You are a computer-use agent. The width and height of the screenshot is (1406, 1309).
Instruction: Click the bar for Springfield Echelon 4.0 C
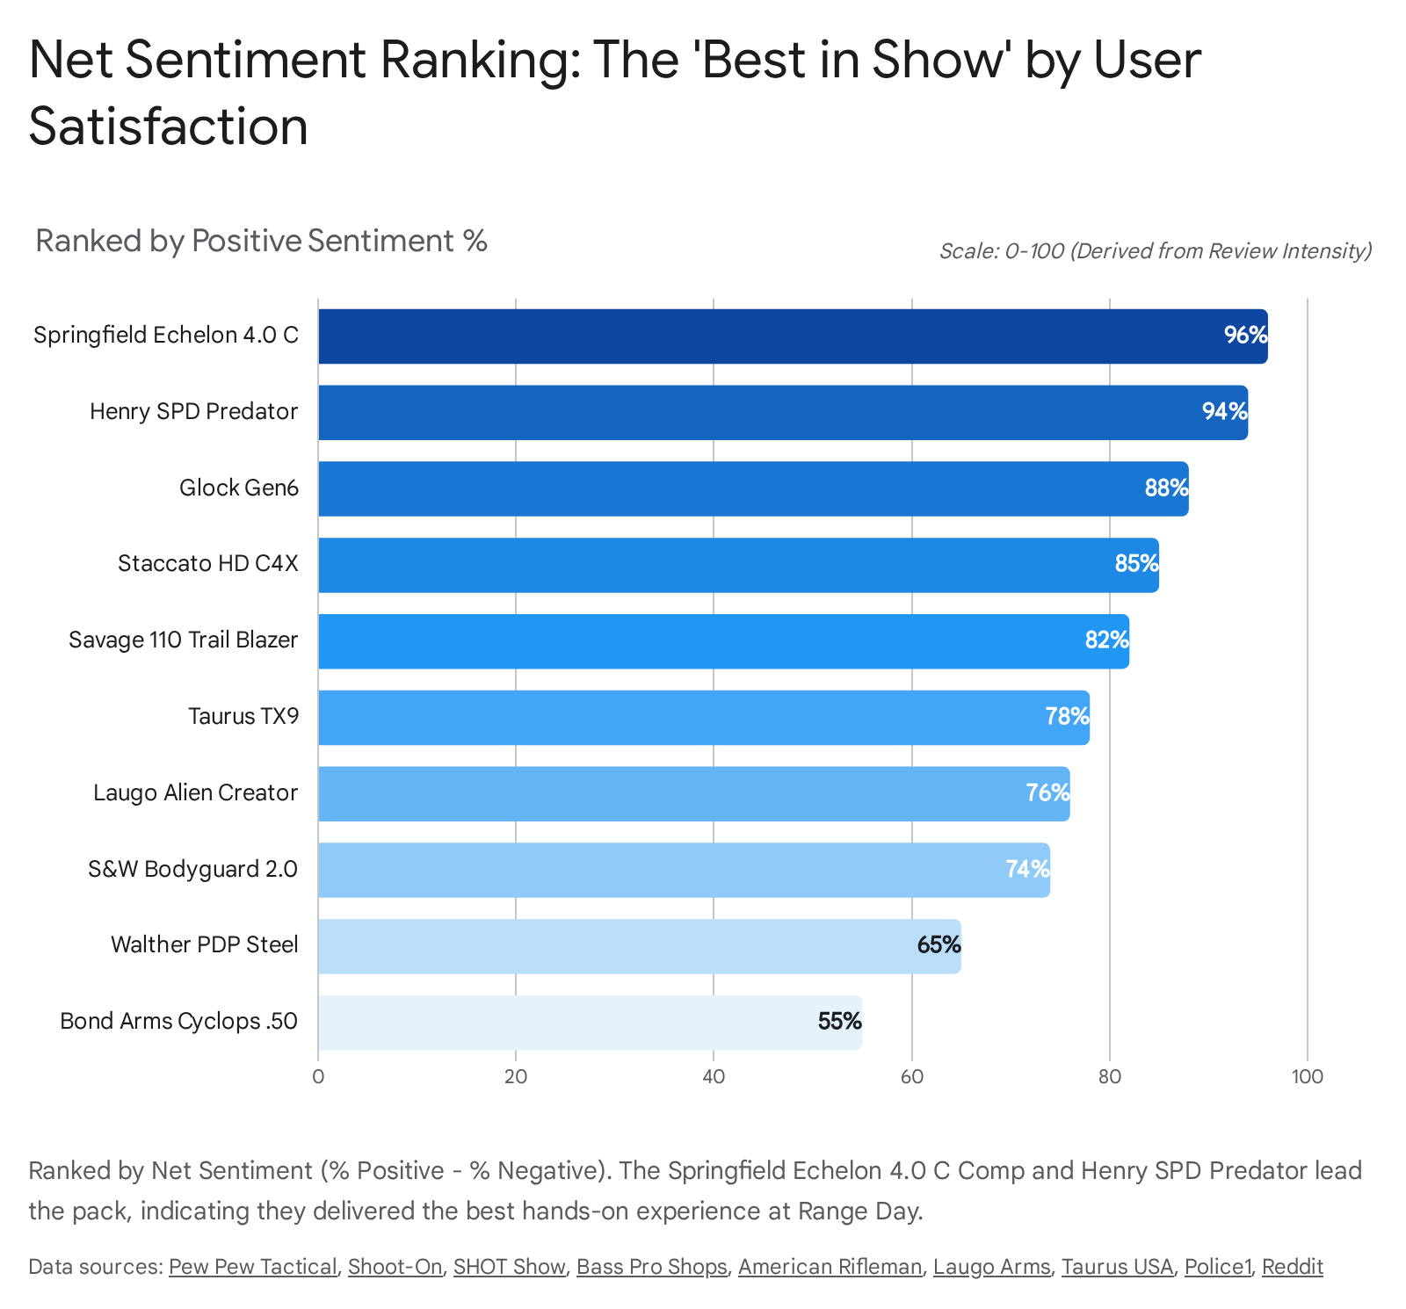791,336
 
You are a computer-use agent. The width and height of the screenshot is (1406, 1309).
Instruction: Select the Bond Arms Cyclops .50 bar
589,1022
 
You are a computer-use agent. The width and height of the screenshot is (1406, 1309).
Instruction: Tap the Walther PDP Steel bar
639,945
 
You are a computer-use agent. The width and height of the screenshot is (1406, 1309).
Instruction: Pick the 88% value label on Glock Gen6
1166,488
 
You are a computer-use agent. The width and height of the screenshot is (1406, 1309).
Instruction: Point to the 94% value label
1224,412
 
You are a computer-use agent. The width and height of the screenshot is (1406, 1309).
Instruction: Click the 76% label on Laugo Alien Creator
1047,793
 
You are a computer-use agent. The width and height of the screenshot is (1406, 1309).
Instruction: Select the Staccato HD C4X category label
208,563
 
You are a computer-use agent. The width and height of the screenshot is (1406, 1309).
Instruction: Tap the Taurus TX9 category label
243,716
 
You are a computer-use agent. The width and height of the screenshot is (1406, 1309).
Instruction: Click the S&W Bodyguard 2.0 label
193,869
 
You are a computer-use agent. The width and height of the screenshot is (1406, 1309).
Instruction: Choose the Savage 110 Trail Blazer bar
722,640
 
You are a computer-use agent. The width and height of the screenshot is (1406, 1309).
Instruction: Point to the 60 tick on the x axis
912,1077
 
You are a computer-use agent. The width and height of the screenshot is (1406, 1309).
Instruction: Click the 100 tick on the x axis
1308,1077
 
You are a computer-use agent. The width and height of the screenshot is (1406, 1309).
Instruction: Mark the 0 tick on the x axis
318,1077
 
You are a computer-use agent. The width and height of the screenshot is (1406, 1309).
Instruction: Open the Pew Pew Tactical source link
253,1267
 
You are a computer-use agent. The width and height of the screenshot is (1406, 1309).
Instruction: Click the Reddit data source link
1292,1267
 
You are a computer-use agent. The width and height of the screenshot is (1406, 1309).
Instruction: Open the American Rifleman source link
830,1267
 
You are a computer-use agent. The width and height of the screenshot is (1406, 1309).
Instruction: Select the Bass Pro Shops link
651,1267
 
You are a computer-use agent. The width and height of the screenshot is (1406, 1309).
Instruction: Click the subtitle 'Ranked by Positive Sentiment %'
261,241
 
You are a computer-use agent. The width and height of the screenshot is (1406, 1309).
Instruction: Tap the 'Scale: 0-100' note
1155,251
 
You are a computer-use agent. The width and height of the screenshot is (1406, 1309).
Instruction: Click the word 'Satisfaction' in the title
169,127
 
